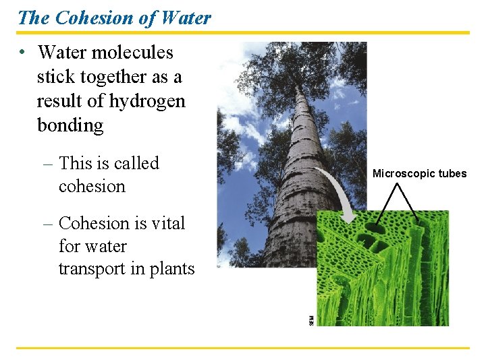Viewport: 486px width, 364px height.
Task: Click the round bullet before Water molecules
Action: click(22, 53)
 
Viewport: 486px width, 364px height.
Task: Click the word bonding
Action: click(70, 125)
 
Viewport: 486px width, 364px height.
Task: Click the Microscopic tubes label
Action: click(419, 174)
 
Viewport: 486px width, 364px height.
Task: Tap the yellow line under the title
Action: click(243, 32)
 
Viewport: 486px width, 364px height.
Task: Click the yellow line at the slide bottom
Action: click(243, 348)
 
